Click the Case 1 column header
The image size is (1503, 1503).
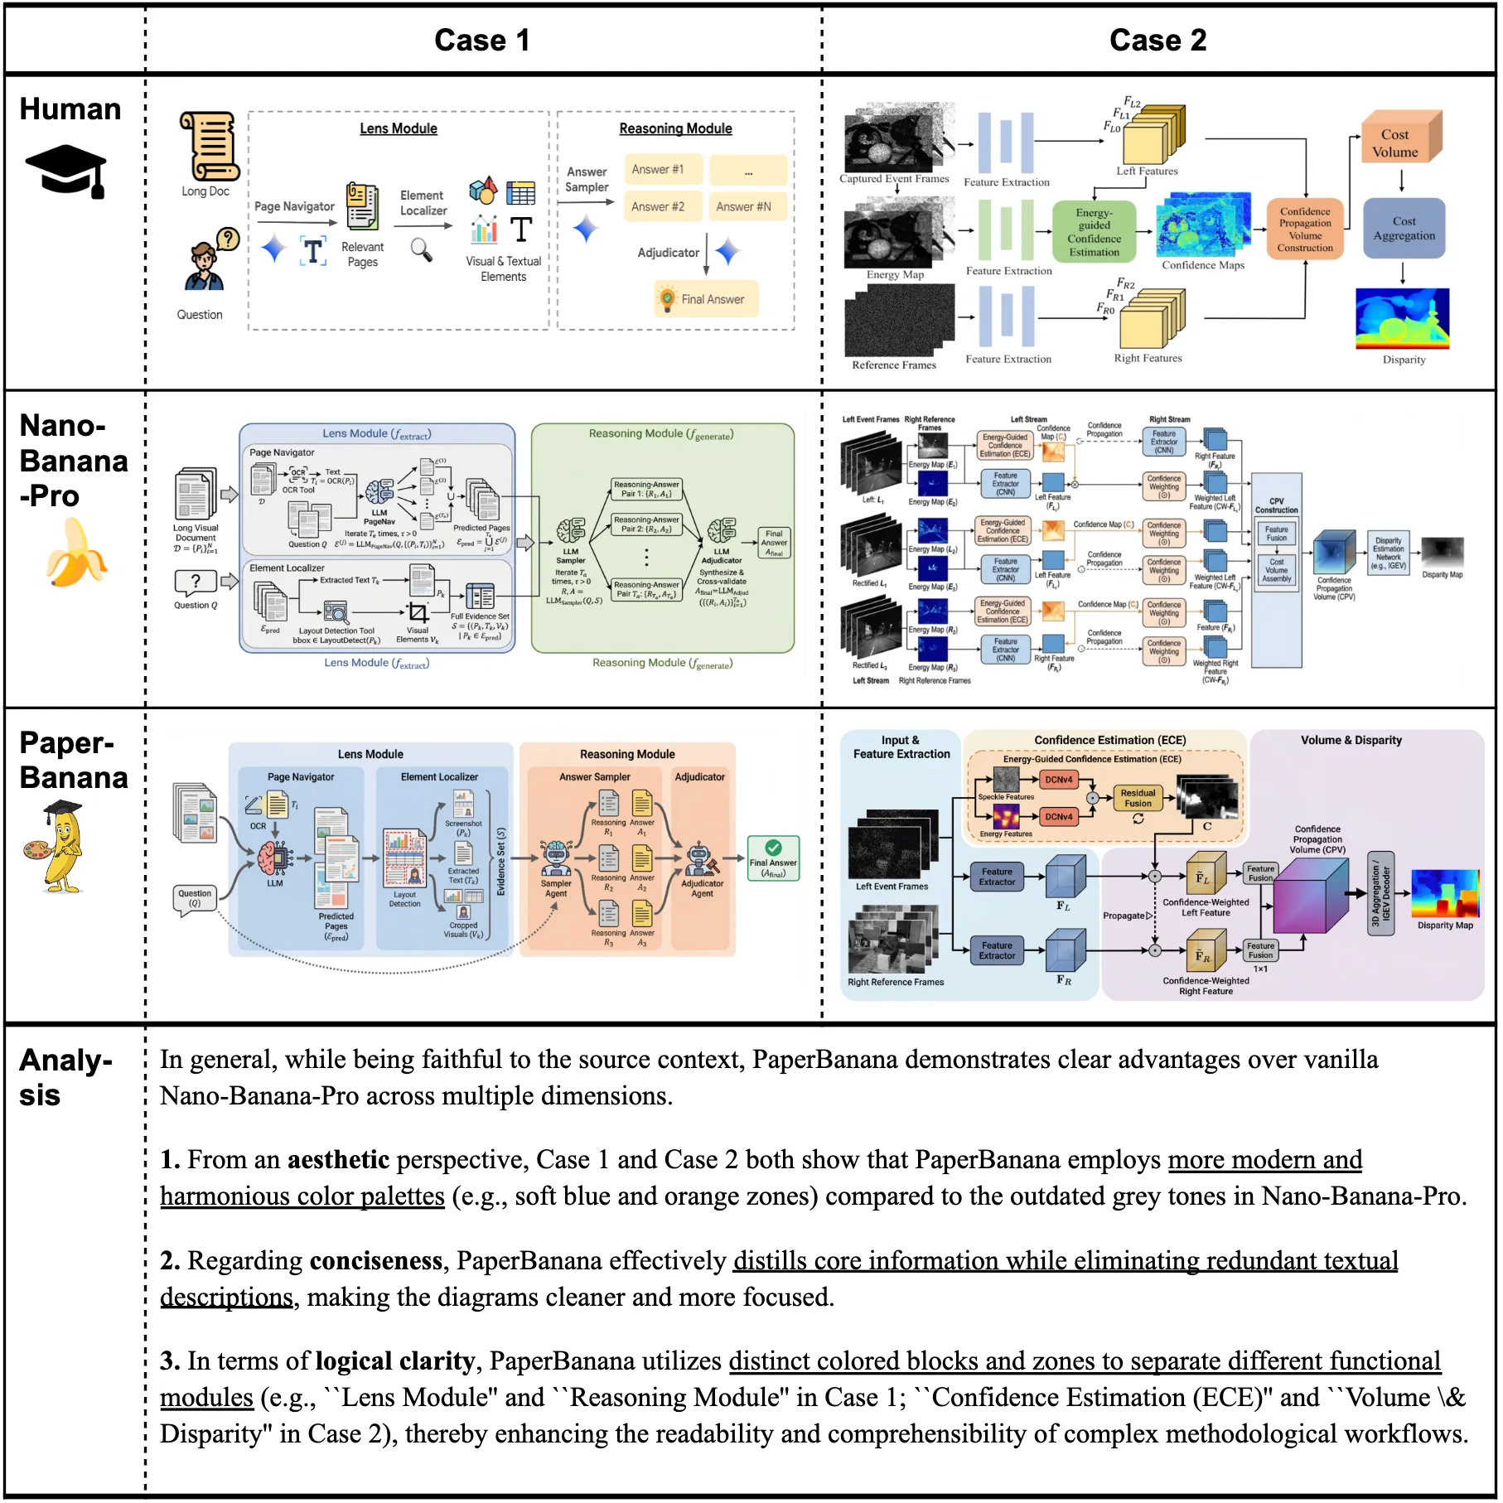tap(481, 40)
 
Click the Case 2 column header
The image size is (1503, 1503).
tap(1157, 40)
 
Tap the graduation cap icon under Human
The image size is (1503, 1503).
tap(66, 170)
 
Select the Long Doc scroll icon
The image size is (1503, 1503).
tap(209, 147)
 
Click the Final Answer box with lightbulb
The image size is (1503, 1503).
tap(706, 299)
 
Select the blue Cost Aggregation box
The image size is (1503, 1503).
tap(1404, 229)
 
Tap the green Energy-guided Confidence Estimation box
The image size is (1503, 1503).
tap(1094, 232)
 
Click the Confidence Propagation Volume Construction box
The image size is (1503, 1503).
tap(1304, 230)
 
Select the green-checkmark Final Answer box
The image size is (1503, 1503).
tap(772, 858)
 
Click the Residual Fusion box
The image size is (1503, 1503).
tap(1138, 798)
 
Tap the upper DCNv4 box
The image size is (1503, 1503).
tap(1058, 780)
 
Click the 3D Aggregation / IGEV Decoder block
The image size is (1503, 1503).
tap(1380, 894)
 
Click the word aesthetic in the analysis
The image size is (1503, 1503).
tap(338, 1159)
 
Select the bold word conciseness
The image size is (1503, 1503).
tap(375, 1260)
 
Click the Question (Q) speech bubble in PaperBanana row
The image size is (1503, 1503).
tap(195, 898)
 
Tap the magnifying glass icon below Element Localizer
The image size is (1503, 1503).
tap(422, 249)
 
